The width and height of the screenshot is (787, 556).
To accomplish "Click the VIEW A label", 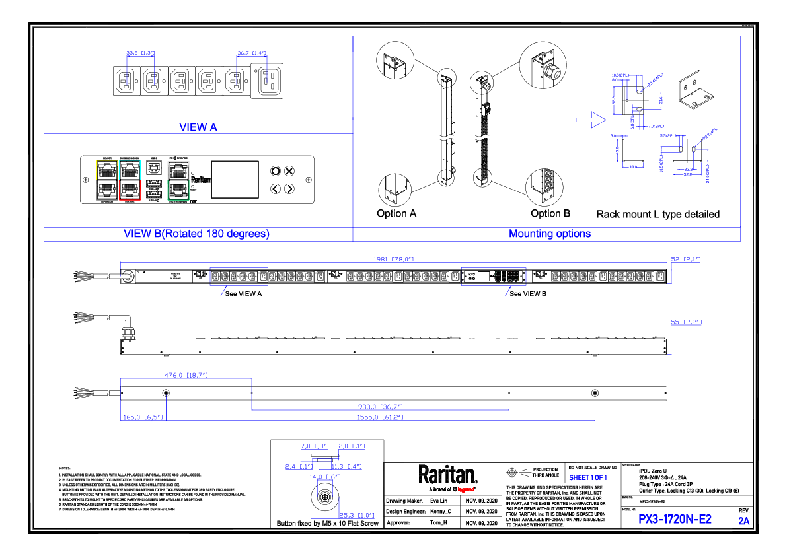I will (x=198, y=127).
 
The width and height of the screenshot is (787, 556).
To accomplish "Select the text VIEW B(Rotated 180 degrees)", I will (x=197, y=234).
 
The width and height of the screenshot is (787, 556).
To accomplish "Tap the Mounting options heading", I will (x=550, y=234).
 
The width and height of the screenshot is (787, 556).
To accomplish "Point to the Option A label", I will (x=396, y=213).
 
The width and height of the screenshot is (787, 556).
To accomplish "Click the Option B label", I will (x=550, y=213).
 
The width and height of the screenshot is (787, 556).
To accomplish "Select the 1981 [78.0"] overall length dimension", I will (x=394, y=260).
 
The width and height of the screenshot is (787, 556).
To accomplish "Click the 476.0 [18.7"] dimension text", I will (x=186, y=375).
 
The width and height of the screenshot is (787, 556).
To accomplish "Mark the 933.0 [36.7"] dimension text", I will (x=381, y=407).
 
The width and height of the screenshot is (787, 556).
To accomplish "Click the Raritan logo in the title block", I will (x=447, y=475).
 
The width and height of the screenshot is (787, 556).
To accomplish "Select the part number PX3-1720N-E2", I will (x=675, y=519).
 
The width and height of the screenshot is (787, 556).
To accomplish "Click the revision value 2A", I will (x=744, y=521).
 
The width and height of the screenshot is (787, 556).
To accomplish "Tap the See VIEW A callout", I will (x=243, y=293).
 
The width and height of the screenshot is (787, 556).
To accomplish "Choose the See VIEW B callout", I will (x=527, y=293).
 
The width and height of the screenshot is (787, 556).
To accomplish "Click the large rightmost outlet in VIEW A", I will (x=271, y=81).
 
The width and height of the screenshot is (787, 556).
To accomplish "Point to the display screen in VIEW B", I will (x=234, y=179).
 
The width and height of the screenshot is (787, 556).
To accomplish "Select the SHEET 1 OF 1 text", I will (x=587, y=477).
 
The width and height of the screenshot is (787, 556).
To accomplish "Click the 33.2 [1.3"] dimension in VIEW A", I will (x=140, y=53).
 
